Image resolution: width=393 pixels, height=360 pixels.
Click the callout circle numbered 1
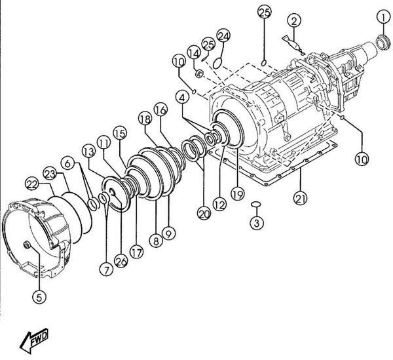384,17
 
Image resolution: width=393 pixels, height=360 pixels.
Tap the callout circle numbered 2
294,21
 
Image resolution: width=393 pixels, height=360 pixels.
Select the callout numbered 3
257,222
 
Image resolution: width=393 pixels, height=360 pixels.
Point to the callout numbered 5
39,297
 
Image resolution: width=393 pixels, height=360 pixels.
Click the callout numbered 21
300,197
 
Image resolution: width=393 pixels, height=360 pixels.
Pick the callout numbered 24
223,36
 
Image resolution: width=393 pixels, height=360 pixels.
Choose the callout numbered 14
194,53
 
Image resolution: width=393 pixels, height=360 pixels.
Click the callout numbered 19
237,193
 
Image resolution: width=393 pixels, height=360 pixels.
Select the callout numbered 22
32,184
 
